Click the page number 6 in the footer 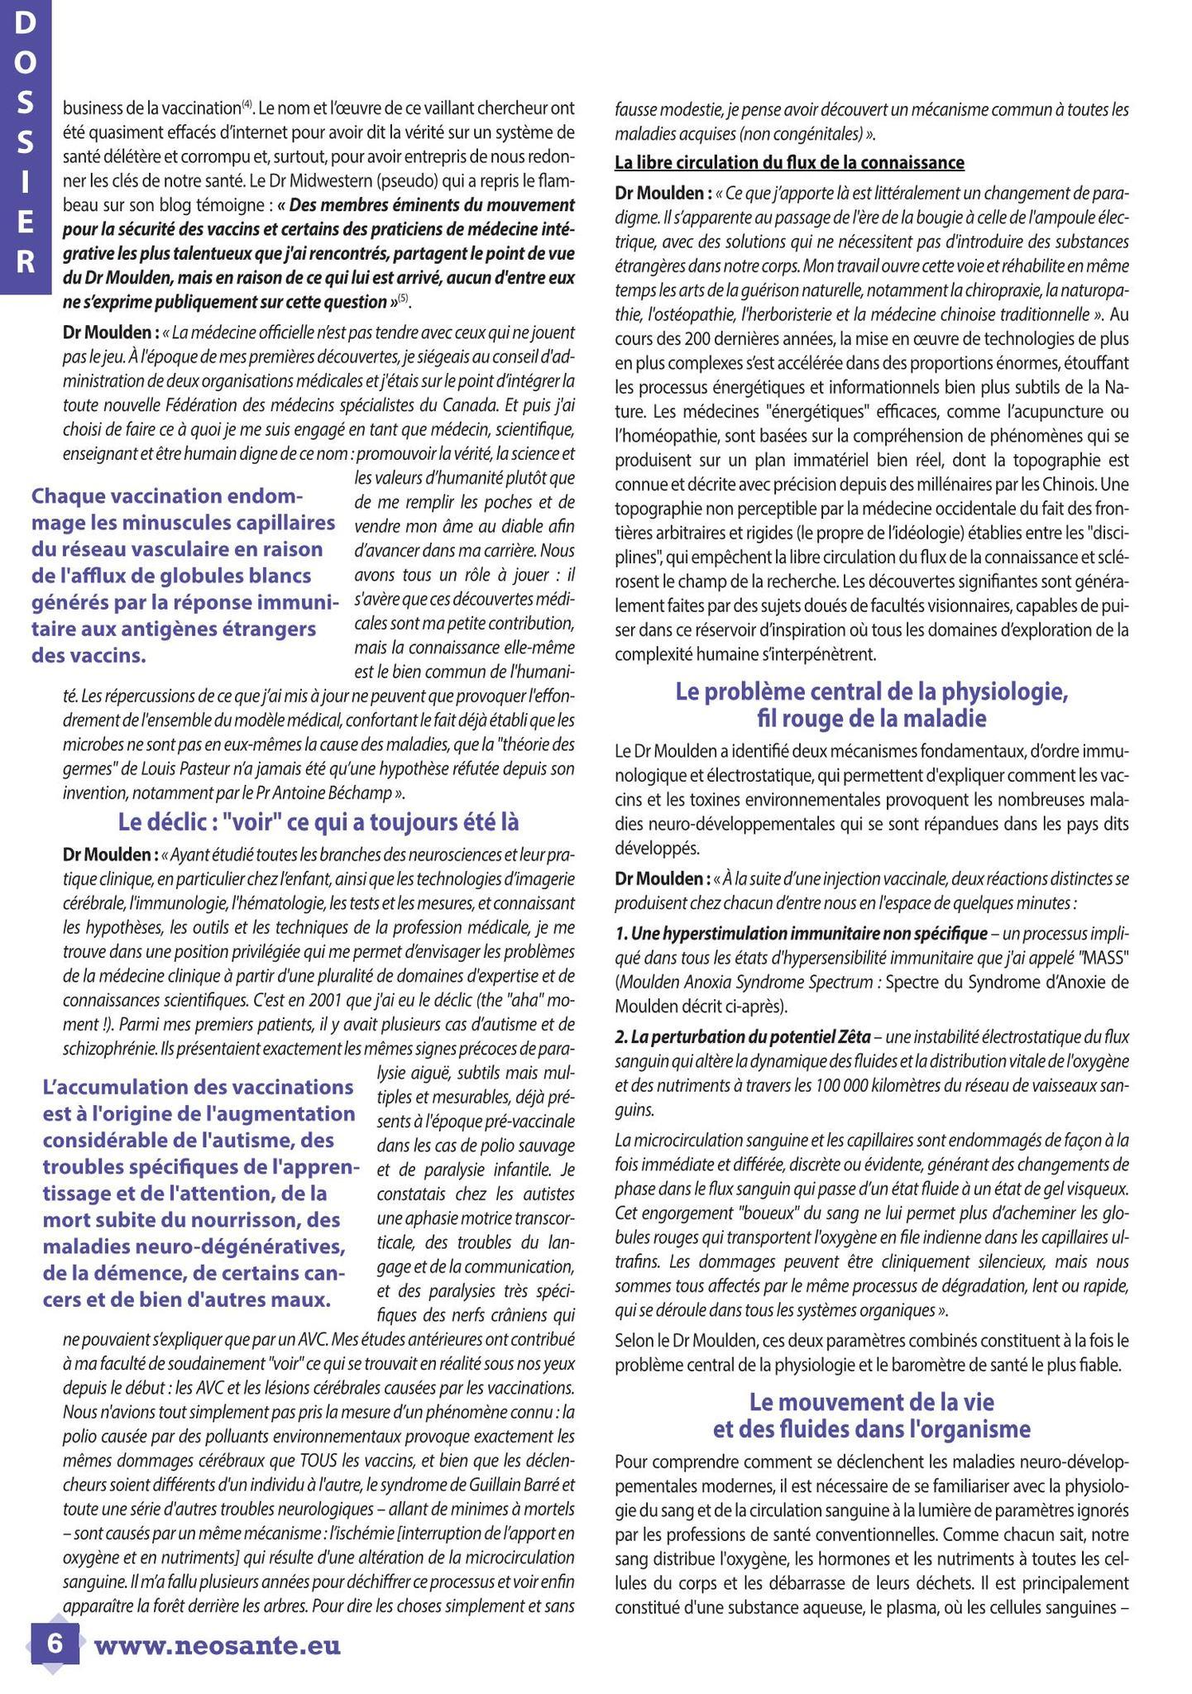(x=55, y=1643)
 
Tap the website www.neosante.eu (x=218, y=1644)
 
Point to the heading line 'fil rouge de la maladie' (x=871, y=718)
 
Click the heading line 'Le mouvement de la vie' (x=871, y=1401)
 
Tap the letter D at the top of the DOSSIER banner (x=26, y=25)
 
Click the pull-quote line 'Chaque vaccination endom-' (x=167, y=496)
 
